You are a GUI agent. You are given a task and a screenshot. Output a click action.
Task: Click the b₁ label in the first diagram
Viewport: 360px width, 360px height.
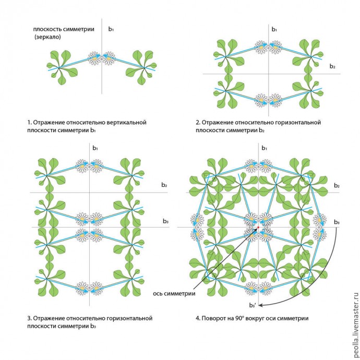[111, 29]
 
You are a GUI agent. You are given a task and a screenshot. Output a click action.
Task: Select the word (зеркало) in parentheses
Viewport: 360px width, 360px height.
[49, 38]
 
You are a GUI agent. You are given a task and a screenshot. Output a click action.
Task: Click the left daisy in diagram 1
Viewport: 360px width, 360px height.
[94, 58]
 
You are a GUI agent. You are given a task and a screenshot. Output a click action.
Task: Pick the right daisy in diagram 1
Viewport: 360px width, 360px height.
[108, 58]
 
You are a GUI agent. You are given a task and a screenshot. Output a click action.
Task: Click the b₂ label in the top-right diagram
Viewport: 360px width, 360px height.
[332, 66]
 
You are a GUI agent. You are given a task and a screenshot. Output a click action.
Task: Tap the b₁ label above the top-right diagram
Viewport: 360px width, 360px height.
[274, 29]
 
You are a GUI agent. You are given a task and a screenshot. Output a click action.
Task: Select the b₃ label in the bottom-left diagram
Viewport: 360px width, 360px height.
[165, 222]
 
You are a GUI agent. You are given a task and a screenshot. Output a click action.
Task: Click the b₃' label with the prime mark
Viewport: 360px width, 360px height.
[252, 305]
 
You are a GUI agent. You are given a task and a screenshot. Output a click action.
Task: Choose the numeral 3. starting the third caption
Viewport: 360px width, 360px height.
[29, 317]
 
